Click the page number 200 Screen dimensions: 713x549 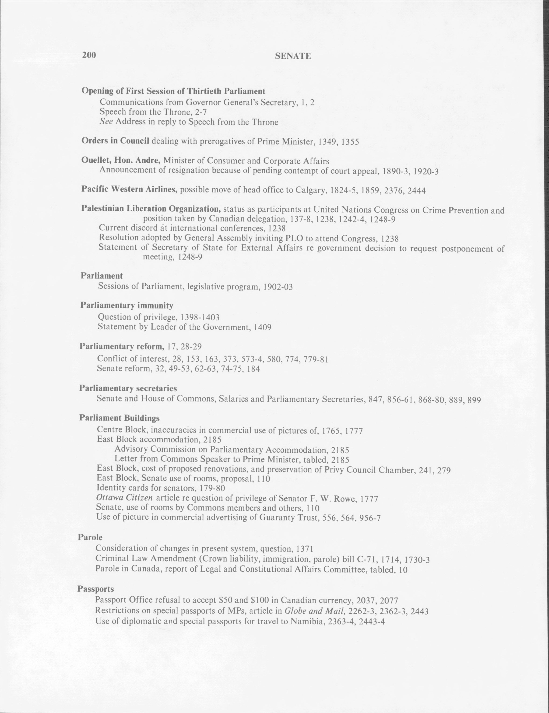[x=89, y=55]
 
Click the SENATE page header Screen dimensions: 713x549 [x=293, y=56]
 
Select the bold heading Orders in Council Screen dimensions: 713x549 [x=115, y=141]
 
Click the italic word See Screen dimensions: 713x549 [x=106, y=122]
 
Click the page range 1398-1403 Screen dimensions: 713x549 [x=200, y=317]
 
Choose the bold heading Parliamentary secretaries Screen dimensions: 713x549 [x=128, y=388]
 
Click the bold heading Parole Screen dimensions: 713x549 [x=90, y=537]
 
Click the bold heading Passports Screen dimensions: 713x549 [x=95, y=589]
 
